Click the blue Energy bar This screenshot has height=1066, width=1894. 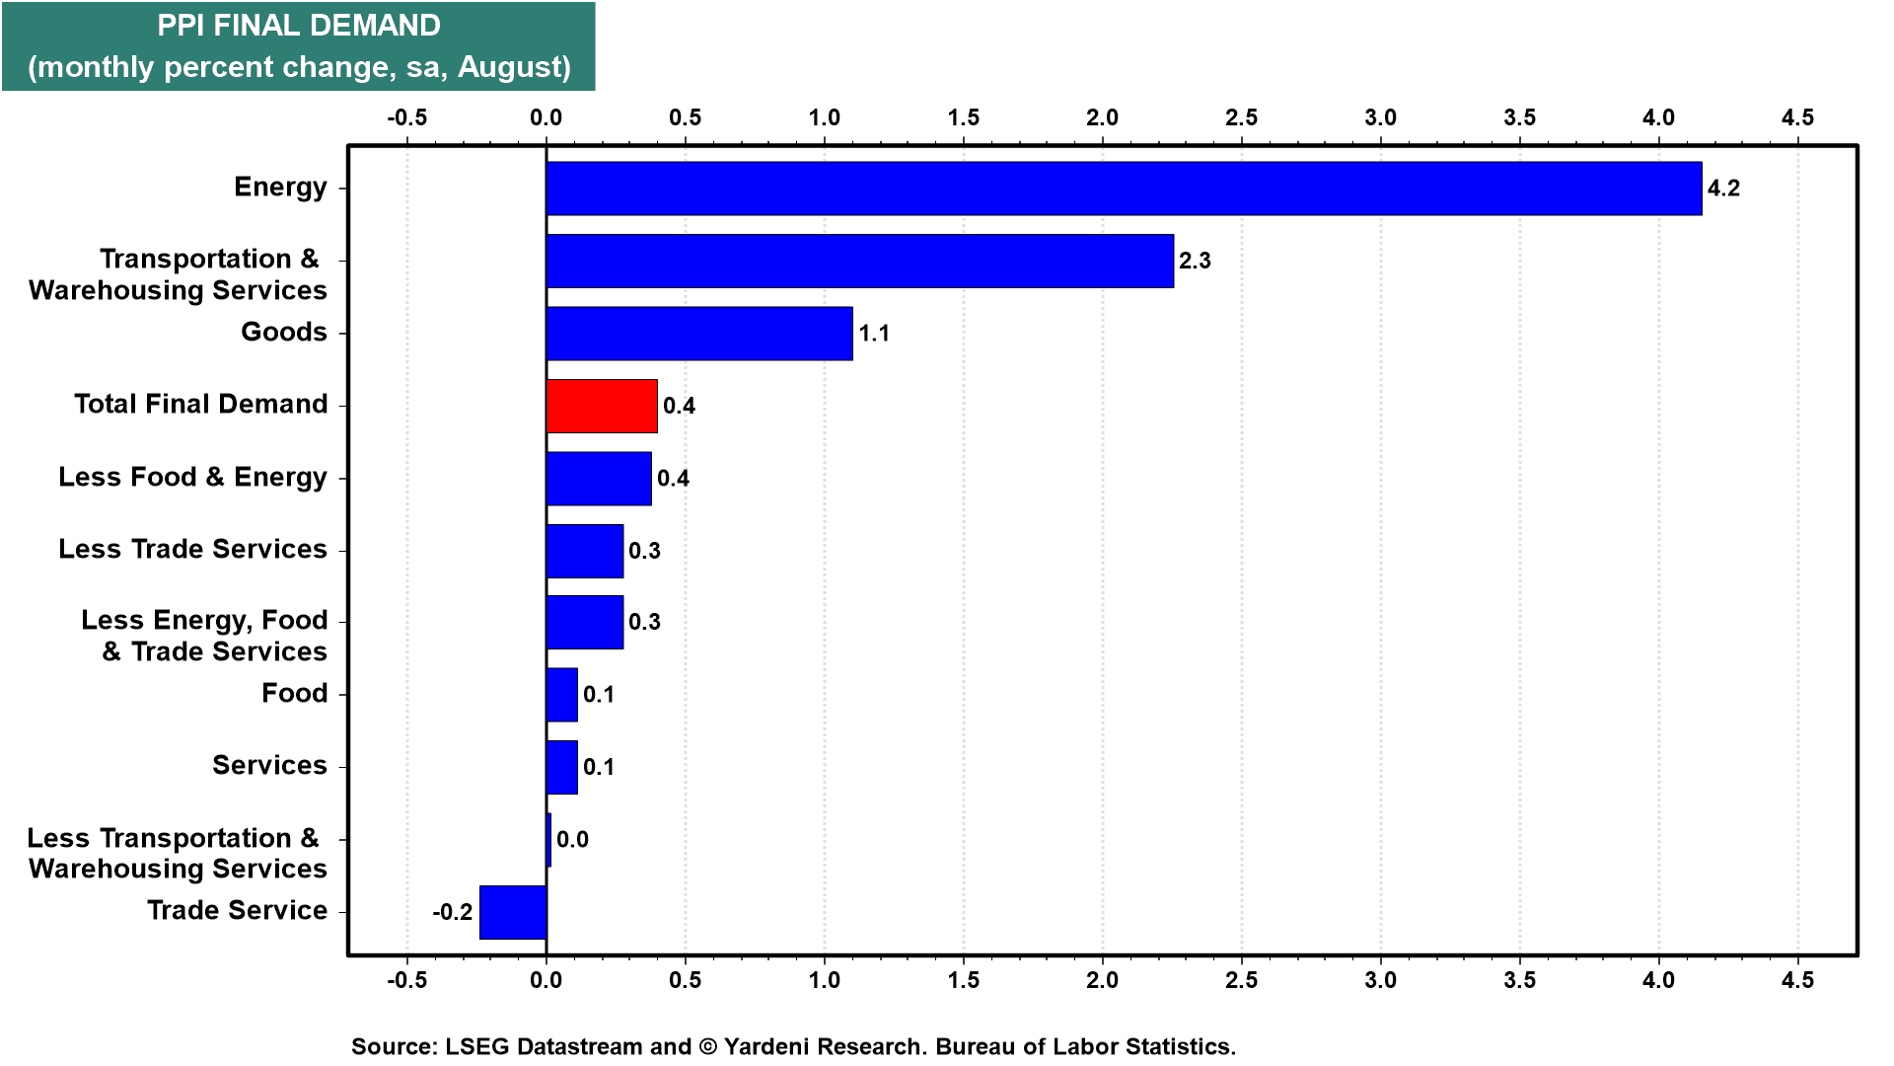tap(1124, 189)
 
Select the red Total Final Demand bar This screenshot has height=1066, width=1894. tap(602, 406)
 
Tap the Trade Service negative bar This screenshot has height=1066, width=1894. tap(513, 912)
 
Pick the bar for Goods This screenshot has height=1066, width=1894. tap(699, 334)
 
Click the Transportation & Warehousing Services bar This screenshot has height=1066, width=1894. tap(860, 261)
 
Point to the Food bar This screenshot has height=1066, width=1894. tap(562, 695)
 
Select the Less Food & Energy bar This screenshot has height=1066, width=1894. tap(599, 479)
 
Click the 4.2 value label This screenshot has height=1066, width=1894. tap(1723, 189)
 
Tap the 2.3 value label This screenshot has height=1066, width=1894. tap(1195, 261)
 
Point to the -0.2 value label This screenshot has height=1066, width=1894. tap(453, 912)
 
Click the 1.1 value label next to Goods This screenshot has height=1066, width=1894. tap(874, 334)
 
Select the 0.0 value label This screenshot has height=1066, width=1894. tap(572, 840)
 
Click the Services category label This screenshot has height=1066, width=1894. tap(269, 765)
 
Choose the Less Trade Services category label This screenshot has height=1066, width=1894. tap(192, 549)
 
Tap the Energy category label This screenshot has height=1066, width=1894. tap(280, 188)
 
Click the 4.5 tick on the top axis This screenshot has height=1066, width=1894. tap(1797, 117)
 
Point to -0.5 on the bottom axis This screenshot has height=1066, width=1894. tap(406, 980)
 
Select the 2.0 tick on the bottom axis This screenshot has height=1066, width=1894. tap(1102, 980)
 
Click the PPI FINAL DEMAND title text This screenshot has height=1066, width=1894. tap(299, 26)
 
